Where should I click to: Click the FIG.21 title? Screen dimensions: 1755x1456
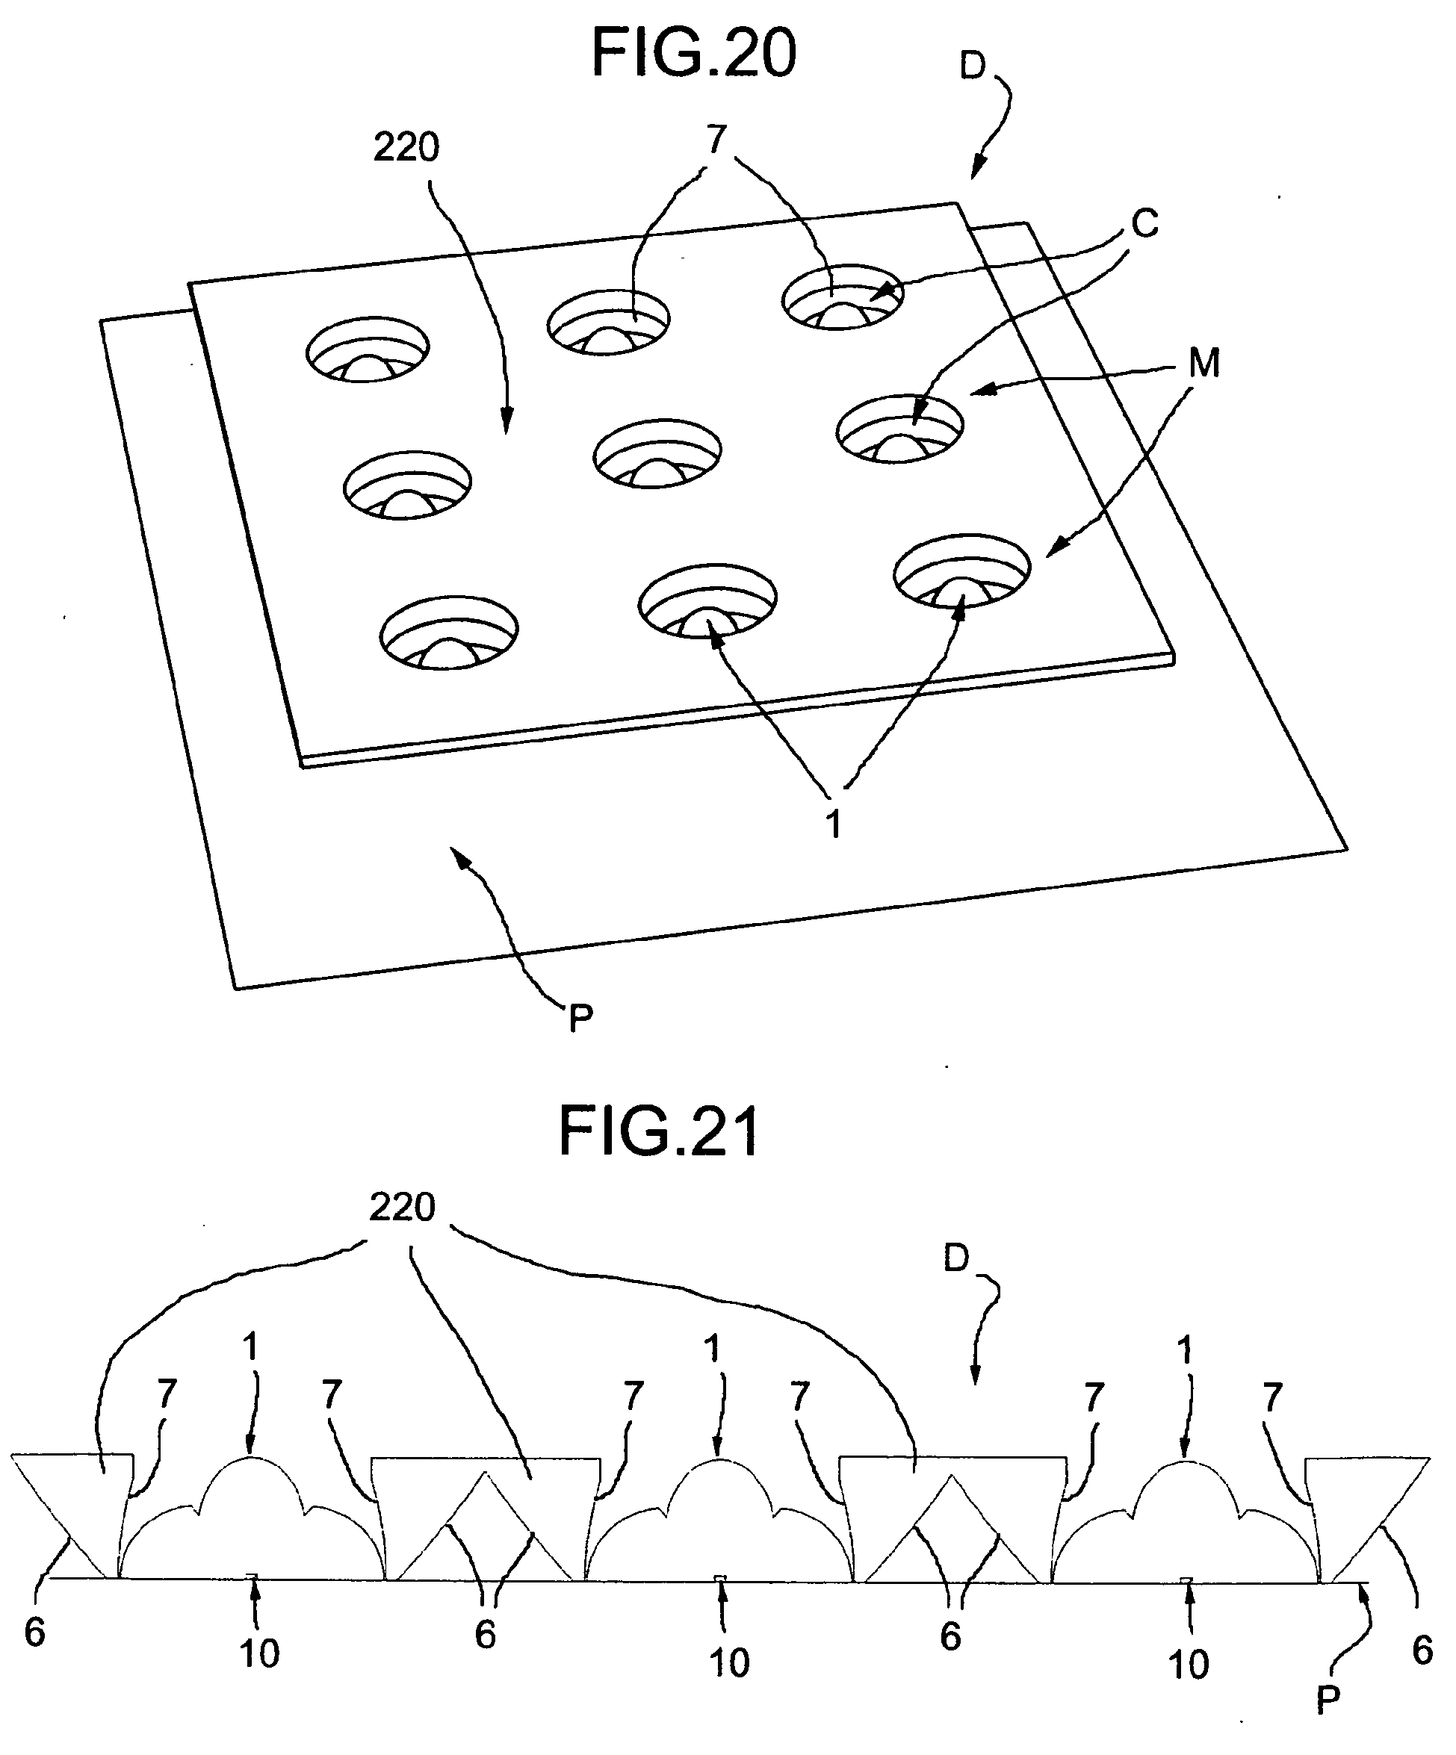pyautogui.click(x=659, y=1131)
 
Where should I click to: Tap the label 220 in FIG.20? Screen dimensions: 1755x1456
pyautogui.click(x=406, y=148)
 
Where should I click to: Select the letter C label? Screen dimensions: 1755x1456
pyautogui.click(x=1144, y=223)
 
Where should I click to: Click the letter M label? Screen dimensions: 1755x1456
pyautogui.click(x=1203, y=364)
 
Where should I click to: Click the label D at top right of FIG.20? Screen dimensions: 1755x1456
pyautogui.click(x=972, y=66)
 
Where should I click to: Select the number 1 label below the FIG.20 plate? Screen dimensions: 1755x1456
pyautogui.click(x=832, y=824)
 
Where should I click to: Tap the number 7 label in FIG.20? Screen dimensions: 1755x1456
pyautogui.click(x=716, y=139)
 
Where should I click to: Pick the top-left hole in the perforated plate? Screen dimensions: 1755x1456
pyautogui.click(x=368, y=350)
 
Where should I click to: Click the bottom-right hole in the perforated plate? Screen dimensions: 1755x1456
pyautogui.click(x=961, y=569)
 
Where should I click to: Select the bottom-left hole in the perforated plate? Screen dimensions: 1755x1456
pyautogui.click(x=449, y=632)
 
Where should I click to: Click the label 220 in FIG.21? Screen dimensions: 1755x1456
pyautogui.click(x=402, y=1208)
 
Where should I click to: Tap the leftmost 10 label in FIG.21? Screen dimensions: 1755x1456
pyautogui.click(x=259, y=1652)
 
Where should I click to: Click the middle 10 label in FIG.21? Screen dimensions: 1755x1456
pyautogui.click(x=729, y=1662)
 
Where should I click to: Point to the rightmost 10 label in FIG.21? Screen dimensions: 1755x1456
pyautogui.click(x=1188, y=1664)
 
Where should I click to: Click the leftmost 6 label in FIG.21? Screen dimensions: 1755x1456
pyautogui.click(x=34, y=1631)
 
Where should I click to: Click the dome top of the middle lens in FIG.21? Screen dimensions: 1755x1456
pyautogui.click(x=718, y=1462)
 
